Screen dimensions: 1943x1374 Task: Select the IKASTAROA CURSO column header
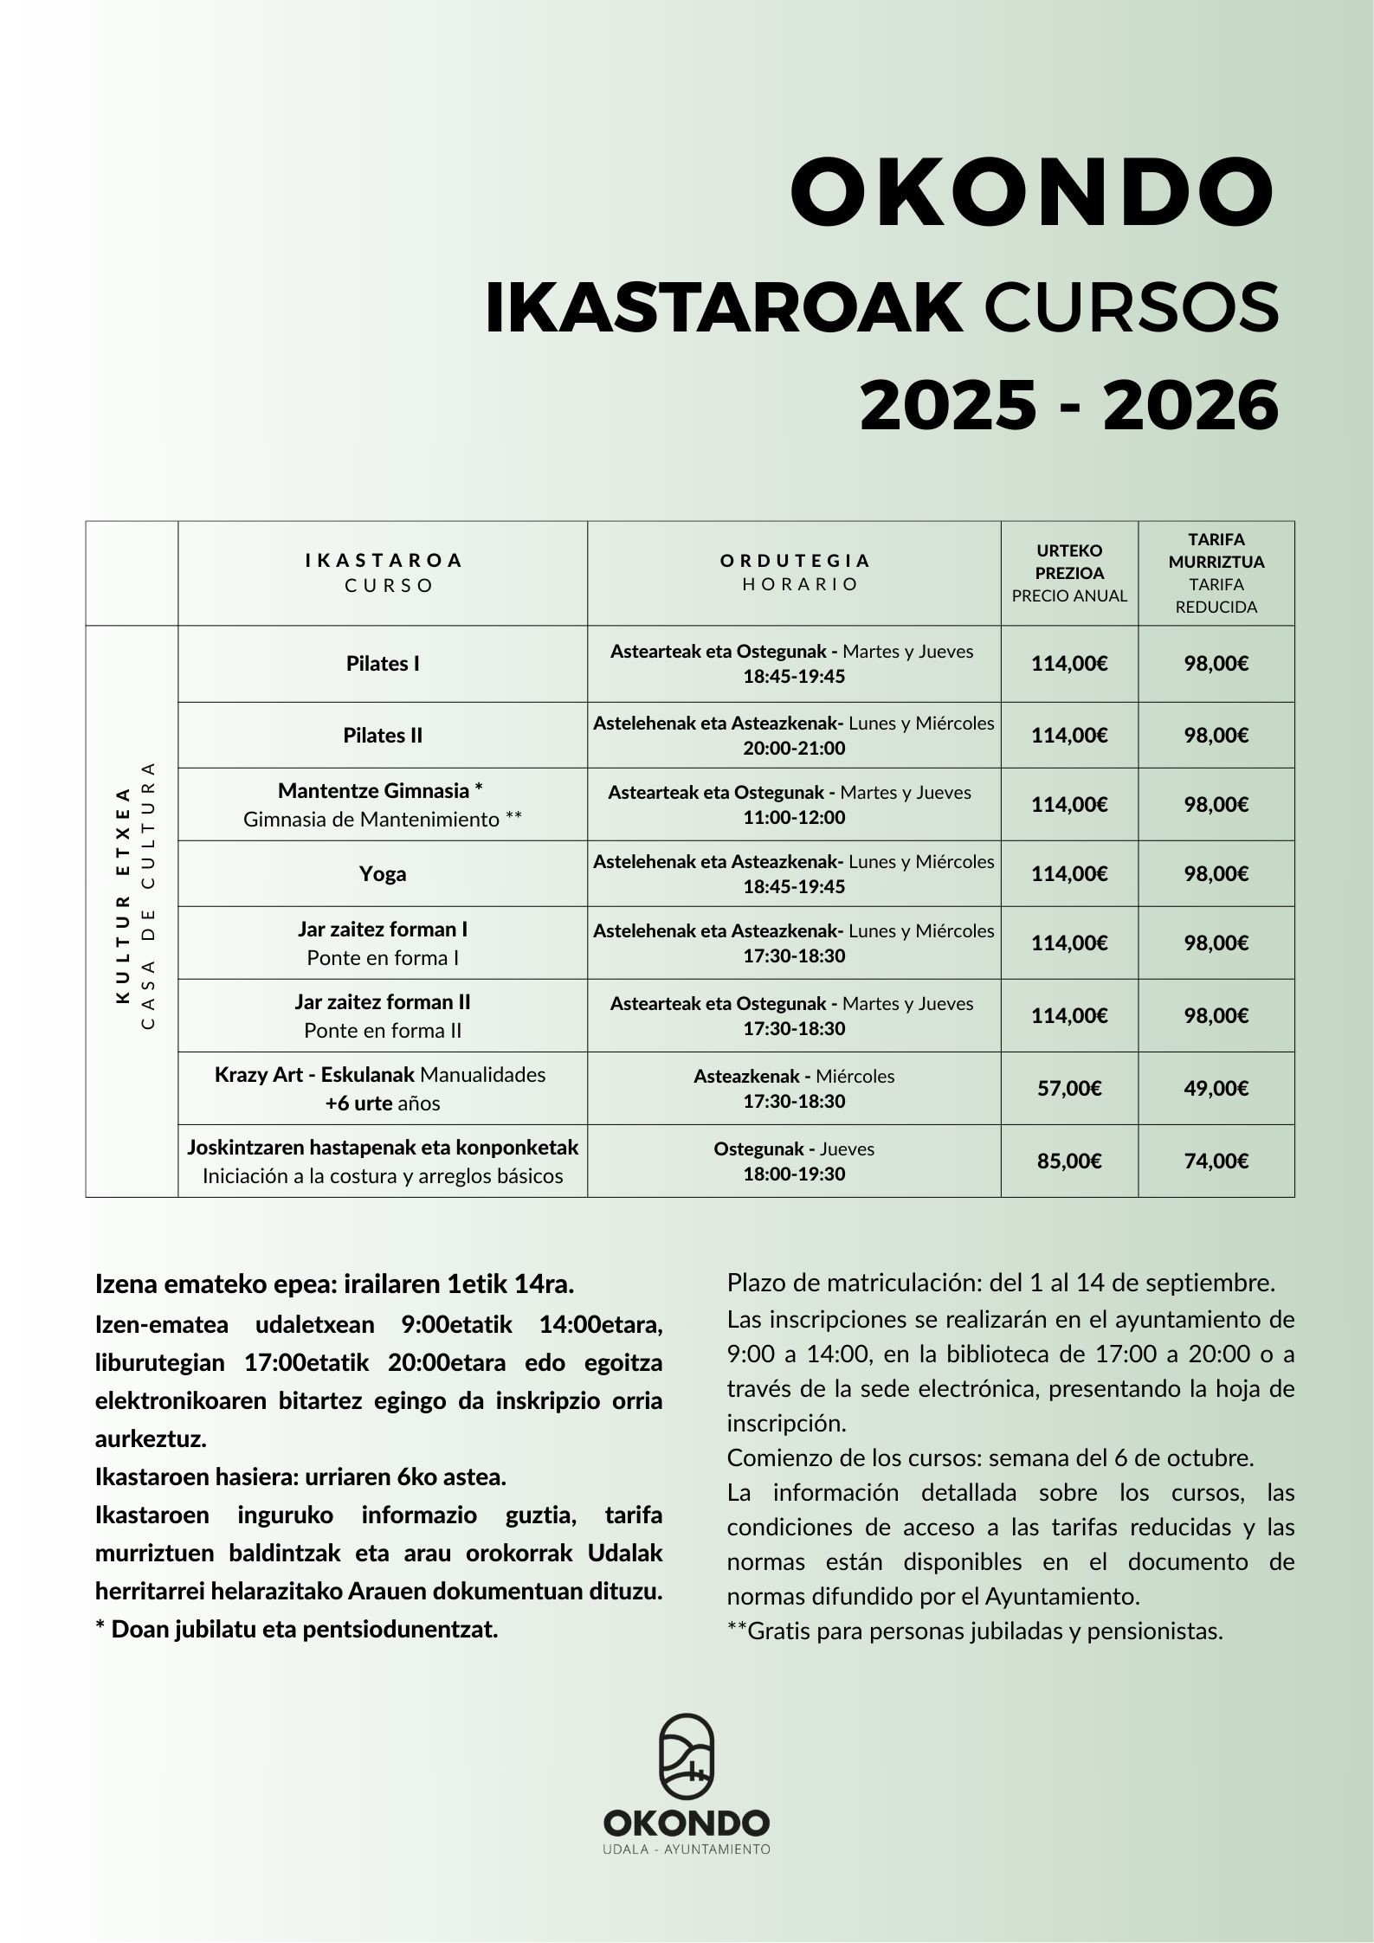coord(383,572)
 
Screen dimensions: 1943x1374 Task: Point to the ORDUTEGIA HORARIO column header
coord(794,572)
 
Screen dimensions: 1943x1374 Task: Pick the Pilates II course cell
coord(383,735)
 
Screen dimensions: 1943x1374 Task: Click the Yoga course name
coord(383,873)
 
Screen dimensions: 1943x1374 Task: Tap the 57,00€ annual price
coord(1069,1088)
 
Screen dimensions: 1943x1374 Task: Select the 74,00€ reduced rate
coord(1216,1161)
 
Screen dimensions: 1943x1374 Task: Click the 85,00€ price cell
coord(1069,1161)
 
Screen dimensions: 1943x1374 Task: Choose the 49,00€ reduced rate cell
coord(1216,1088)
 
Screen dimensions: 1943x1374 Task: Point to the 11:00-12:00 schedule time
coord(794,817)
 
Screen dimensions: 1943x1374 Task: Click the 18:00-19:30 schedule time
coord(794,1174)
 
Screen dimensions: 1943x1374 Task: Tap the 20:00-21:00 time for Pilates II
coord(794,748)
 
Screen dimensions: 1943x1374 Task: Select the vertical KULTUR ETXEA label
coord(123,895)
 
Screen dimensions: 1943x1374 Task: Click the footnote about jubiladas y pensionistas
coord(975,1631)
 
